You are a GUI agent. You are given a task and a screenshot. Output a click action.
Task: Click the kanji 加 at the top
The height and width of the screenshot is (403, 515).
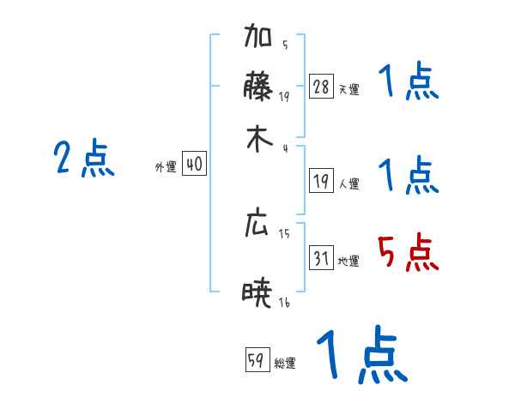click(x=259, y=39)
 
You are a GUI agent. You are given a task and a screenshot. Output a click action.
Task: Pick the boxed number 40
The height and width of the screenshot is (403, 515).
click(x=194, y=164)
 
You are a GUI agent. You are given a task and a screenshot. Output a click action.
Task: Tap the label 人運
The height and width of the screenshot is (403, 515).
click(x=348, y=183)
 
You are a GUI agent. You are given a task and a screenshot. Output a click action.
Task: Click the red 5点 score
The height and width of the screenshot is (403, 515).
click(x=408, y=253)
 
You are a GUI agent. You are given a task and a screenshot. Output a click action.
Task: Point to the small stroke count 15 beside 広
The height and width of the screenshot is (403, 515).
click(x=284, y=232)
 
